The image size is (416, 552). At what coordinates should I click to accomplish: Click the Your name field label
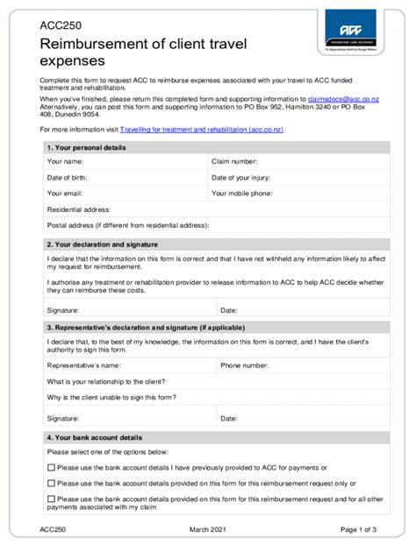coord(65,161)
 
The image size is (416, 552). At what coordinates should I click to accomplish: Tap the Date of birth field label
coord(68,177)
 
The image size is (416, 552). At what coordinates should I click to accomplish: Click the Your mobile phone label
coord(241,193)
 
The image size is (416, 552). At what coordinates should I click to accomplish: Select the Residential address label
coord(78,209)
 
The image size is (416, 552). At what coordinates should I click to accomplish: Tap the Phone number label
coord(244,364)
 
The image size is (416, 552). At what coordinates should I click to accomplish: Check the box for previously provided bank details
coord(50,467)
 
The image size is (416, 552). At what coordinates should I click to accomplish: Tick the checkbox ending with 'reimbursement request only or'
coord(50,483)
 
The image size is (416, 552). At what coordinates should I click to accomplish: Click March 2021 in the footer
coord(208,530)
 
